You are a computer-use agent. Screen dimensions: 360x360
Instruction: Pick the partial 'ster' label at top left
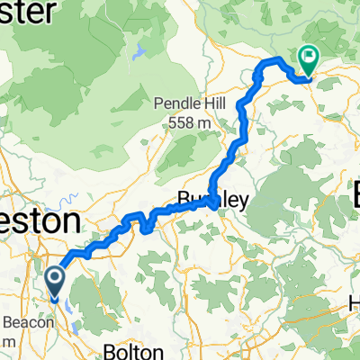pos(27,13)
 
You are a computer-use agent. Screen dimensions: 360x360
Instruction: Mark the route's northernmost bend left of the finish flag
pos(274,60)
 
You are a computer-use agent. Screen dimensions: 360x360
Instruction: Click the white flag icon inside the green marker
pos(310,56)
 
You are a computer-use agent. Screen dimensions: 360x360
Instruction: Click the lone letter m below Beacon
pos(5,342)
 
